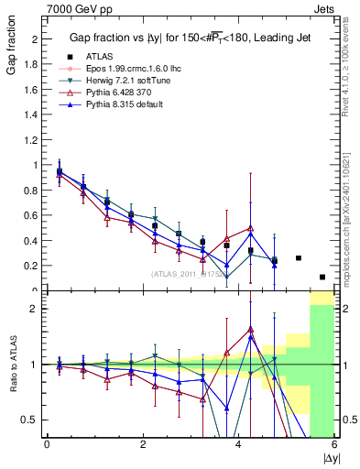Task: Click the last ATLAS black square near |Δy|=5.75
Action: [322, 277]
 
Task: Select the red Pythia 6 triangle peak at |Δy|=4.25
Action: [250, 228]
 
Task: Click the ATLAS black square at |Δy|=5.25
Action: [299, 258]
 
